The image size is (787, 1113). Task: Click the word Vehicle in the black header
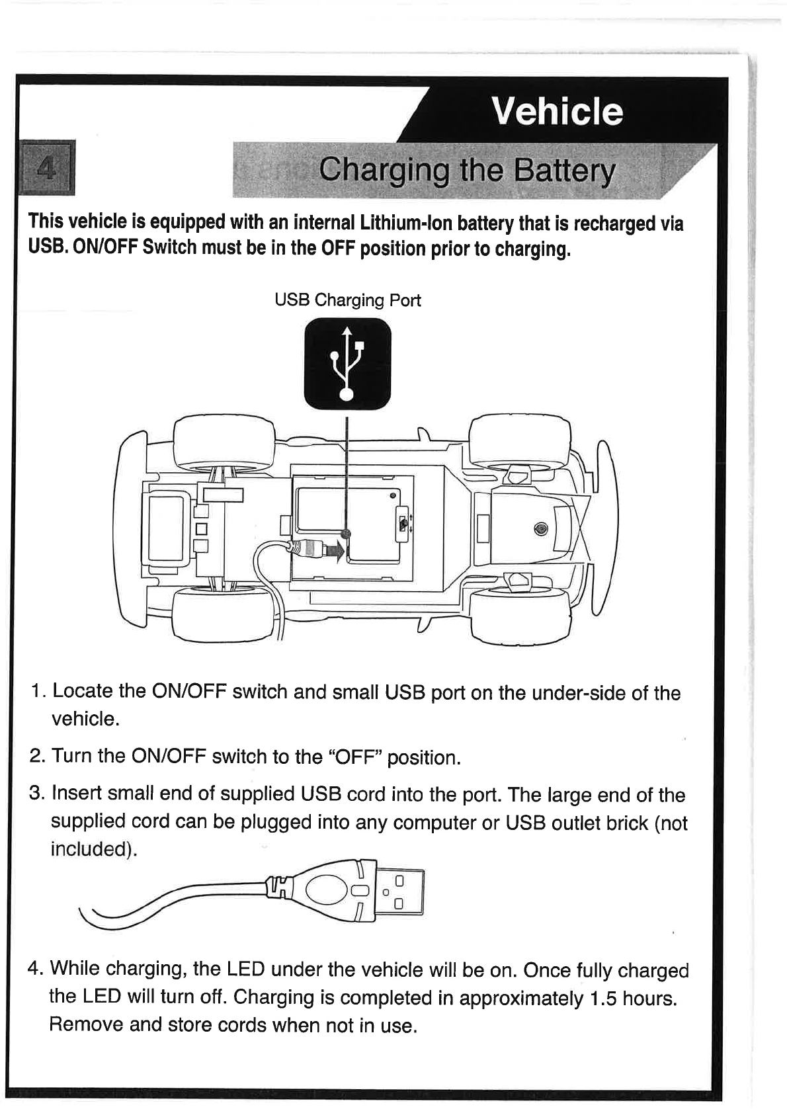click(557, 110)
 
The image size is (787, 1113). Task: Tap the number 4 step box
click(46, 168)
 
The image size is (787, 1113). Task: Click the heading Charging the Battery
click(466, 171)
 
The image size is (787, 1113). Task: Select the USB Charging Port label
click(347, 300)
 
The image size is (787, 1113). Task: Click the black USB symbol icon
click(347, 364)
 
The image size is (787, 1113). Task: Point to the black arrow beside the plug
click(337, 549)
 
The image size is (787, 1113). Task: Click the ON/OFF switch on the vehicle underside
click(403, 524)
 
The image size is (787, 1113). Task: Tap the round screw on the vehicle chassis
click(542, 528)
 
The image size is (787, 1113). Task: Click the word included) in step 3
click(93, 850)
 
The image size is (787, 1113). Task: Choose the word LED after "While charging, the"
click(245, 969)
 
